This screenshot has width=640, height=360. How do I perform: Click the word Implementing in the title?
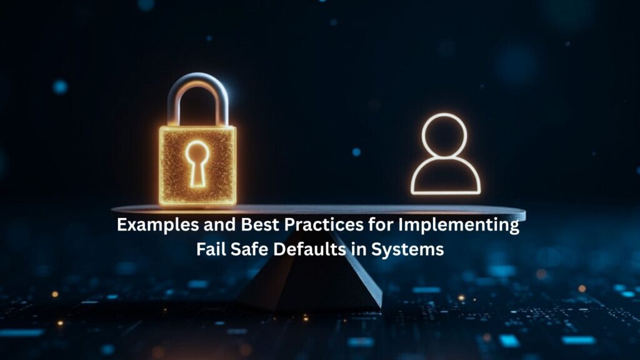coord(459,226)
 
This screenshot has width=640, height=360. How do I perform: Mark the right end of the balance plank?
coord(525,214)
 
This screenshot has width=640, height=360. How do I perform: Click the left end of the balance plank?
coord(112,209)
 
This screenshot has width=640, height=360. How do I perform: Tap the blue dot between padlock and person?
coord(356,152)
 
